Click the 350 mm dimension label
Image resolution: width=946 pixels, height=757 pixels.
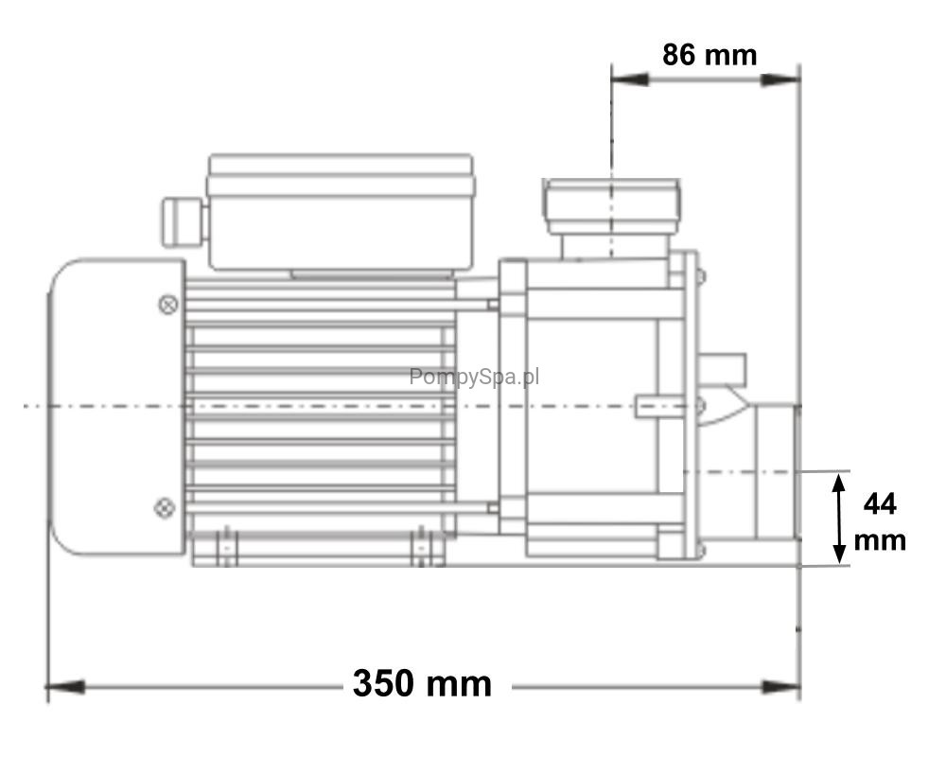[x=422, y=684]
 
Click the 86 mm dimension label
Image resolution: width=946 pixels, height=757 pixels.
[x=709, y=55]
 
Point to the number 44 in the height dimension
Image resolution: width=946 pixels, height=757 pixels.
[x=880, y=504]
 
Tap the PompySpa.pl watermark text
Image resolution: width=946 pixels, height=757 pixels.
[x=474, y=377]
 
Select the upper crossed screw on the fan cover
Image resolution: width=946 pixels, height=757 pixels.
[x=168, y=305]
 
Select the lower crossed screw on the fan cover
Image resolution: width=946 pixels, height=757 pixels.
[x=165, y=508]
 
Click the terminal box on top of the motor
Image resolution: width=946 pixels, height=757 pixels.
[x=341, y=213]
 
